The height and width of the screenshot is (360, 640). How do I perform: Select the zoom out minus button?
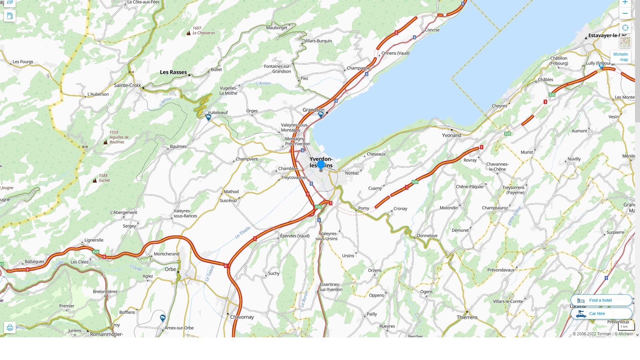625,14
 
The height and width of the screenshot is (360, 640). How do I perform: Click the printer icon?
10,328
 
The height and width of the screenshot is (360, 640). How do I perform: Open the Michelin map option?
620,57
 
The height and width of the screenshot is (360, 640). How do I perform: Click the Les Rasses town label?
173,72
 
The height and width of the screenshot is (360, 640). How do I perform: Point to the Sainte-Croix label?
127,85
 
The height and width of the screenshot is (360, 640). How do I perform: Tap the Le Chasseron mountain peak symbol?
189,33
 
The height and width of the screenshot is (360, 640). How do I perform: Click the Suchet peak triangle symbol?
95,180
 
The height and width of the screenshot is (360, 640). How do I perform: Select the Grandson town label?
313,110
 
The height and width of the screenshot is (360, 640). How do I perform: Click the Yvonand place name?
451,135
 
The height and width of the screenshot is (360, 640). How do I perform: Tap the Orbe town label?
170,269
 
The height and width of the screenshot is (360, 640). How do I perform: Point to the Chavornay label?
242,317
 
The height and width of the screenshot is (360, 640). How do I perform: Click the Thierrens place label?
467,317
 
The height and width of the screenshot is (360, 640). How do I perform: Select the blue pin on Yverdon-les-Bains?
321,165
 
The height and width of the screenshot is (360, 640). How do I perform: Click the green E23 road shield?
96,252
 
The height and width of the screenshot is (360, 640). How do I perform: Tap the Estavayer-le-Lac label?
607,35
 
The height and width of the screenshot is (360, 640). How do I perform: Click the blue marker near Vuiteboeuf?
208,117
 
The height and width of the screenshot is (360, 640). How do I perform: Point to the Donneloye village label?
427,236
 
